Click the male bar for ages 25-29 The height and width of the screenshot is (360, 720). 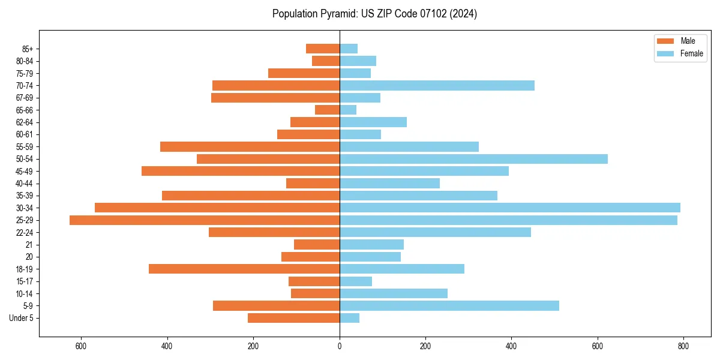(205, 220)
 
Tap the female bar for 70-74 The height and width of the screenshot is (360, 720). (437, 86)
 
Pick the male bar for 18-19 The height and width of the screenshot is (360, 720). (244, 269)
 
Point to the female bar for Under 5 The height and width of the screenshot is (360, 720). (349, 318)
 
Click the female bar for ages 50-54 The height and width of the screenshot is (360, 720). (473, 159)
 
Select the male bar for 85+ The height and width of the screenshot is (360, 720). (323, 49)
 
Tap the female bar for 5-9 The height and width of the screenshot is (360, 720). (449, 306)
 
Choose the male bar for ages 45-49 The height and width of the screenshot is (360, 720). (241, 171)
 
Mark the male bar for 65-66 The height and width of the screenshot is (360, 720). (327, 110)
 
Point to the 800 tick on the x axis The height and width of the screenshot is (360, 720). (683, 347)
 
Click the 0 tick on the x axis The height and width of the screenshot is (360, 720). (340, 347)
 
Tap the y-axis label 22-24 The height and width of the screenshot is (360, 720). (25, 232)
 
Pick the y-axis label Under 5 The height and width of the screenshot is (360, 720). (22, 318)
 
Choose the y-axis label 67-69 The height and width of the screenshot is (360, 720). (25, 98)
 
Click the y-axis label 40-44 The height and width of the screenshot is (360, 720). (25, 184)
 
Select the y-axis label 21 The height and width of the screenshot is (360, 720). (29, 245)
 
